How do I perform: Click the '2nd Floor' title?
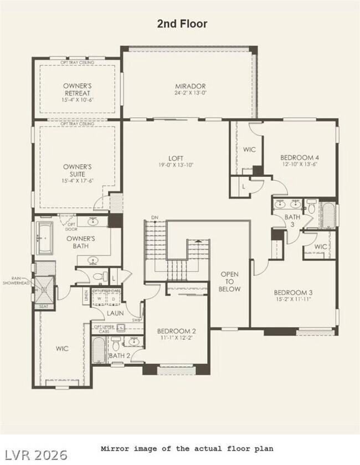(x=183, y=24)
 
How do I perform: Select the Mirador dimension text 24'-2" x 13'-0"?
(x=190, y=93)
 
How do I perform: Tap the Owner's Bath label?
(x=81, y=242)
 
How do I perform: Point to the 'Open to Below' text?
(x=230, y=282)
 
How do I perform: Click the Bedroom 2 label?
(x=176, y=331)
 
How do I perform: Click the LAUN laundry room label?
(x=115, y=313)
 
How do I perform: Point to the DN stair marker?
(x=155, y=218)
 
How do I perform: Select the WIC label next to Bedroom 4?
(x=249, y=150)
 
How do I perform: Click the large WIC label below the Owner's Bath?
(x=62, y=349)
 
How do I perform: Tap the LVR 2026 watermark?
(x=34, y=454)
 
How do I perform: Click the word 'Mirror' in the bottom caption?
(x=115, y=448)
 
